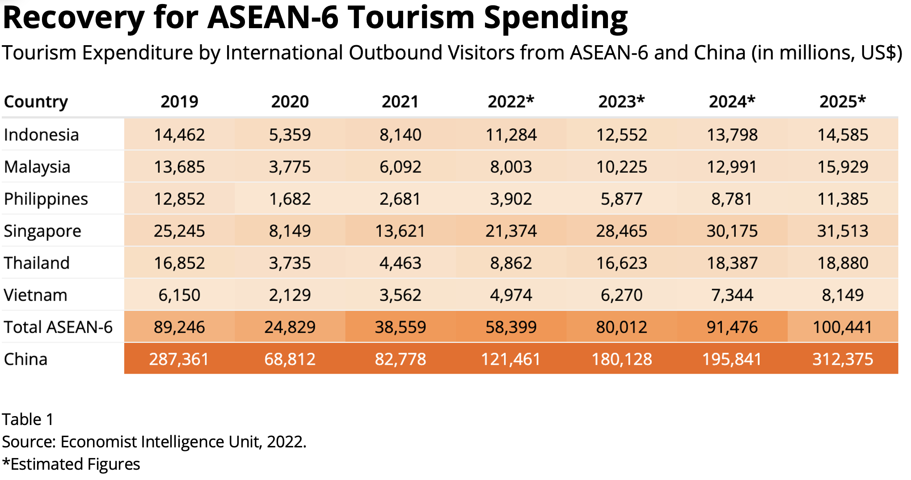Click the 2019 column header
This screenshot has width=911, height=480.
179,102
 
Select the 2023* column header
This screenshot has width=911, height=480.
621,102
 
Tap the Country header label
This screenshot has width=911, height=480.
36,102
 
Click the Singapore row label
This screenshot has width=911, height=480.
42,231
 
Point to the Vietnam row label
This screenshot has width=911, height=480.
35,295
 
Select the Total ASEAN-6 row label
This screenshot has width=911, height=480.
58,327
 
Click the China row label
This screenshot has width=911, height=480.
25,359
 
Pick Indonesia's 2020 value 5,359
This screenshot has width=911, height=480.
290,135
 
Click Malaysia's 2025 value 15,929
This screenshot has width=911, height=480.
843,167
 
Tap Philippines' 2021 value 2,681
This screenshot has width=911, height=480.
400,199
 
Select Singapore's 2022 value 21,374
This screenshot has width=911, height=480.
511,231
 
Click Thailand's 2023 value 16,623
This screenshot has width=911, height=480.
621,263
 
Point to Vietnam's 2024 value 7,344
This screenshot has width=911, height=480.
732,295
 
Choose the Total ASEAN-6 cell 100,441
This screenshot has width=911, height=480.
843,327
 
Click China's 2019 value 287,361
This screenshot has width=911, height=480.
179,359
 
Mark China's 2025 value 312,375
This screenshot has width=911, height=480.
843,359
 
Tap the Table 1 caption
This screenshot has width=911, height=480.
28,420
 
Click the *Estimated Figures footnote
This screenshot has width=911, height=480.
71,464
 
